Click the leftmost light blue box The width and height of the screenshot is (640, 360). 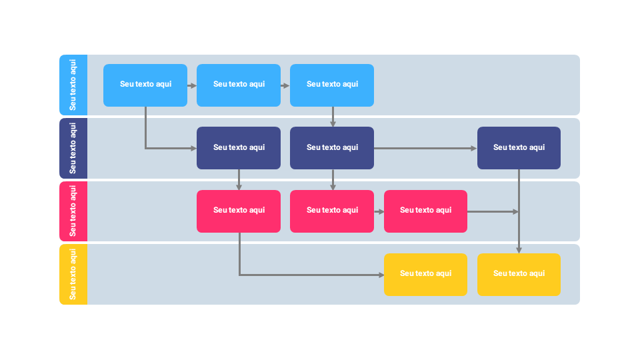[145, 85]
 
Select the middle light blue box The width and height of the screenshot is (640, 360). [239, 85]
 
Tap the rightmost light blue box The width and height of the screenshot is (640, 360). [332, 85]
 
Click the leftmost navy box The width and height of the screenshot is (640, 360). [239, 147]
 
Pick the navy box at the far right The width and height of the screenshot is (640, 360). [519, 147]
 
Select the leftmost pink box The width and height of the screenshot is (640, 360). [239, 211]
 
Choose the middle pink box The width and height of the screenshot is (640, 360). [332, 211]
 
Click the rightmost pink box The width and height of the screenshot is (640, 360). [425, 211]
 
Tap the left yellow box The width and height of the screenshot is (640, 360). [425, 274]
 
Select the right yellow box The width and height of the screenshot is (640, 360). [519, 274]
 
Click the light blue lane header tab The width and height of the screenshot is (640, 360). [73, 85]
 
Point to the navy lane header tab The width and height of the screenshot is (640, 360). [73, 148]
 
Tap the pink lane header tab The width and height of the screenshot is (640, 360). [73, 211]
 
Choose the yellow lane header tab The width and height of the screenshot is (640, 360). [73, 274]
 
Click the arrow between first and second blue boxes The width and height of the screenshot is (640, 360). [192, 85]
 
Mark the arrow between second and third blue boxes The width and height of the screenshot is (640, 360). [285, 85]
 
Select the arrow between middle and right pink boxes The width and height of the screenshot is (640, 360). [379, 211]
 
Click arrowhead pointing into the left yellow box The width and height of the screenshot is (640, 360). [381, 275]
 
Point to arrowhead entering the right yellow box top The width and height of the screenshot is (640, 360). [519, 250]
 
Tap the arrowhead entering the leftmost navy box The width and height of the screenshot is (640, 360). [193, 148]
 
